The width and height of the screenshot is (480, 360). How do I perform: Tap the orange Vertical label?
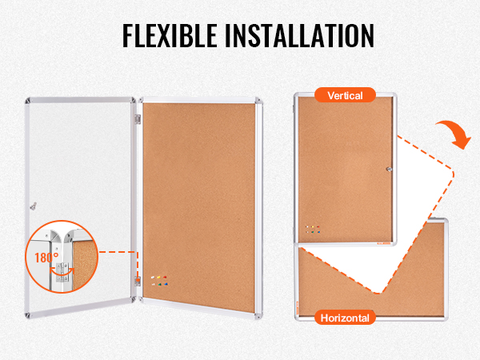346,95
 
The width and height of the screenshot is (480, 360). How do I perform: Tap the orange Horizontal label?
345,318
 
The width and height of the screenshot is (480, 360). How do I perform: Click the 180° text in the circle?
43,258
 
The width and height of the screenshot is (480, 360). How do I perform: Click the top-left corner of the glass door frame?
28,102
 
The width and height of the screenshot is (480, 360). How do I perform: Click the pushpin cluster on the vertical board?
313,227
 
